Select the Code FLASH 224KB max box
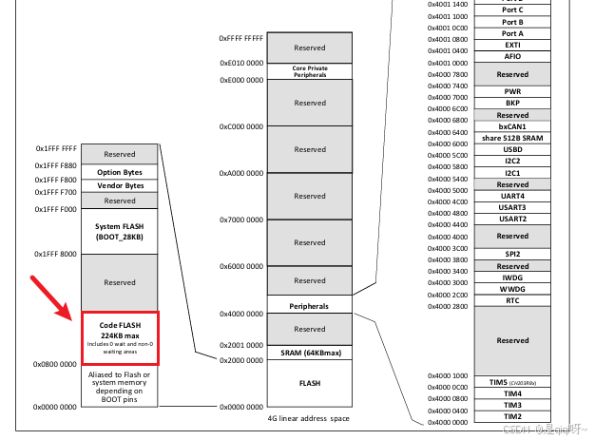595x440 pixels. pos(120,337)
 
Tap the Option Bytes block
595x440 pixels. pos(120,171)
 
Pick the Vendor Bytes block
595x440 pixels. pos(120,184)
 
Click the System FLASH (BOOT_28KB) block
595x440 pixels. pos(120,231)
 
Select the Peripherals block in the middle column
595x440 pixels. pos(309,306)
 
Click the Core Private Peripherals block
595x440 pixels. pos(309,71)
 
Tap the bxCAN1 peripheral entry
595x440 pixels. pos(512,126)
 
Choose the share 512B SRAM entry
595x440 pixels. pos(512,138)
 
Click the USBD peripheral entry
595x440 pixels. pos(512,149)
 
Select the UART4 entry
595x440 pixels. pos(512,196)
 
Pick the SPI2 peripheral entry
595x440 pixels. pos(512,255)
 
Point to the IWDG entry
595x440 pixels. pos(512,277)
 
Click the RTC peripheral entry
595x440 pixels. pos(512,300)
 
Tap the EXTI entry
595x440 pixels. pos(512,45)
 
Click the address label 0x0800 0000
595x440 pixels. pos(55,364)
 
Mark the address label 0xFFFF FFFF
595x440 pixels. pos(240,38)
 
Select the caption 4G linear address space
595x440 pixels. pos(309,417)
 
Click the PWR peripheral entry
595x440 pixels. pos(512,91)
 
